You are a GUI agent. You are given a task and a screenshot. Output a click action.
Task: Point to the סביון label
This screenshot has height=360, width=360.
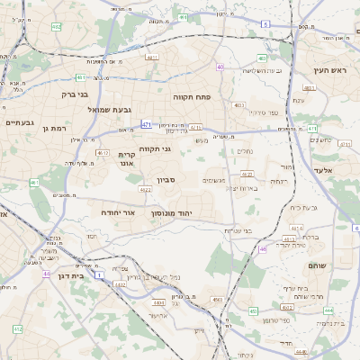point(166,180)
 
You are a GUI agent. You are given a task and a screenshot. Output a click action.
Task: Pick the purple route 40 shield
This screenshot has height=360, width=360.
point(220,67)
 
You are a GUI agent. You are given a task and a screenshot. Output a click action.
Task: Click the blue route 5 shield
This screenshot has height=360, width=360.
point(265,23)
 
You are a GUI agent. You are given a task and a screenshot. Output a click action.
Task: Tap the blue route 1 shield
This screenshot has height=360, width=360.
point(99,273)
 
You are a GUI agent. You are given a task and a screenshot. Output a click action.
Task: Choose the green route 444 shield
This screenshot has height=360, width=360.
point(329,310)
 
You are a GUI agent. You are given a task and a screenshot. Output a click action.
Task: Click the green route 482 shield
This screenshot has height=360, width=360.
point(56,28)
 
